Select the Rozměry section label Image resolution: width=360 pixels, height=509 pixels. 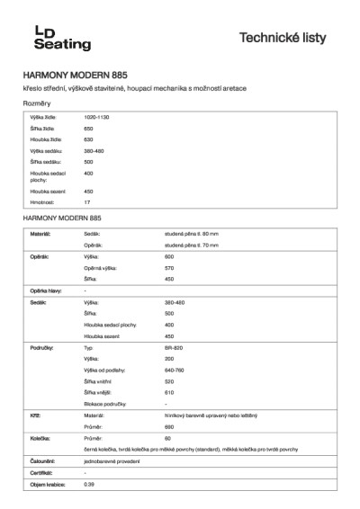click(38, 104)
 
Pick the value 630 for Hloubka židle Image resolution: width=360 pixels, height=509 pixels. click(88, 139)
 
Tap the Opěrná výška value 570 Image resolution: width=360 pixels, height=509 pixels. click(169, 268)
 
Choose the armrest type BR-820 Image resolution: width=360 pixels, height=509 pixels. click(174, 346)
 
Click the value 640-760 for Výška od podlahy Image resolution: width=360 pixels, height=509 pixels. click(175, 370)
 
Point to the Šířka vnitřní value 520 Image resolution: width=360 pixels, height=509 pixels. click(169, 381)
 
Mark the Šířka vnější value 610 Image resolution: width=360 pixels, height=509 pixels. click(169, 393)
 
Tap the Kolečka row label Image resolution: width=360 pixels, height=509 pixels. click(40, 439)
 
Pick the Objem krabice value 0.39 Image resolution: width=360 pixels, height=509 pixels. click(88, 484)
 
